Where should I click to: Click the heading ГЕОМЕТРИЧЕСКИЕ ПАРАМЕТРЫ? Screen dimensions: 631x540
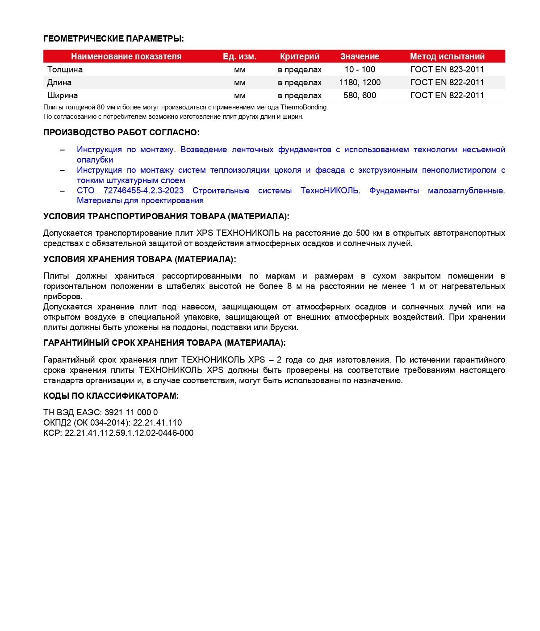tap(113, 39)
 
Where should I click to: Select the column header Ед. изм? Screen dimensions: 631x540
tap(239, 57)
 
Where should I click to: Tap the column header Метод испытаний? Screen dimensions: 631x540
tap(447, 57)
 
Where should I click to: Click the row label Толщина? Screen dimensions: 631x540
tap(65, 70)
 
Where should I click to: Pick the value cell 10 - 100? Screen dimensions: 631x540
tap(360, 70)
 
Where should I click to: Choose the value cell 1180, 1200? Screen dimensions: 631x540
tap(360, 83)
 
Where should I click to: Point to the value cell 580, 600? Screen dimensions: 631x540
tap(360, 96)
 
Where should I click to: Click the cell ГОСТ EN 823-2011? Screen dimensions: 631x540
tap(447, 70)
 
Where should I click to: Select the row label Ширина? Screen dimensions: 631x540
tap(63, 96)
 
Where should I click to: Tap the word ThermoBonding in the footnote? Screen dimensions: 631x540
tap(304, 108)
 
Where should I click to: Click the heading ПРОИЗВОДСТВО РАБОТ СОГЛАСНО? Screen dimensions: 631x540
tap(121, 133)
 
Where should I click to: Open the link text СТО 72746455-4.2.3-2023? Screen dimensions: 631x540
tap(130, 191)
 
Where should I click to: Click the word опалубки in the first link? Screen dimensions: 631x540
tap(95, 160)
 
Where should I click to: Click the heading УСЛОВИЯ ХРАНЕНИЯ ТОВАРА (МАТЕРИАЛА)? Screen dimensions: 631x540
tap(139, 259)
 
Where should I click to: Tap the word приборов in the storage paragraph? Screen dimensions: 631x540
tap(62, 297)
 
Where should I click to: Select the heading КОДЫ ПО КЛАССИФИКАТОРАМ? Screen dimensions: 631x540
tap(111, 396)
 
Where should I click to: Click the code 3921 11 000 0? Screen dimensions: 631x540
tap(131, 413)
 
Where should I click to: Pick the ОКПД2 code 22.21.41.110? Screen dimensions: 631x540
tap(158, 423)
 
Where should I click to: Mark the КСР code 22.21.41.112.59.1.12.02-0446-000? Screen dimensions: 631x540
tap(129, 433)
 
